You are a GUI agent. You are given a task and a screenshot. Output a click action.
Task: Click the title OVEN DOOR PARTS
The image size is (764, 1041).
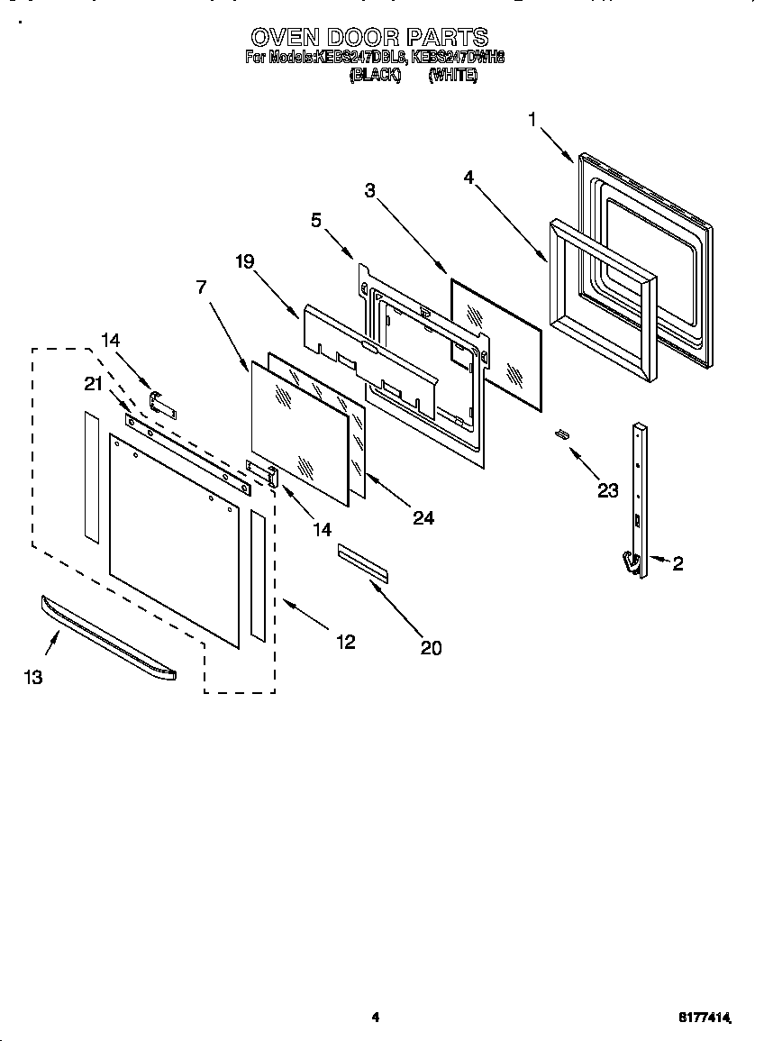click(368, 37)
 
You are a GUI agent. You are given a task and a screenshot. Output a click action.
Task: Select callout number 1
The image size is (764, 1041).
click(532, 119)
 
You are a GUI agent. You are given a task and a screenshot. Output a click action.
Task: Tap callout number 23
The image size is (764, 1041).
click(608, 490)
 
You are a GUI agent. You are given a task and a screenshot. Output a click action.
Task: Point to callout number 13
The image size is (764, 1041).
click(33, 678)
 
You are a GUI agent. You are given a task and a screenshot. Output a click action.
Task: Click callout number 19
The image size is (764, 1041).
click(245, 262)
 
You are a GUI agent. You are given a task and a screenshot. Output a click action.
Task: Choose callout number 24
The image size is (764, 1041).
click(423, 517)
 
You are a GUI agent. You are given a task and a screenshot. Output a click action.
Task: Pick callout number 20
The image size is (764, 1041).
click(432, 647)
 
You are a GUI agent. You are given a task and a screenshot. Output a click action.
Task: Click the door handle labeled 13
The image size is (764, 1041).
click(108, 639)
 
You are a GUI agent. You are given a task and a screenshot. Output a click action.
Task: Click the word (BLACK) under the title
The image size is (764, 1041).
click(374, 77)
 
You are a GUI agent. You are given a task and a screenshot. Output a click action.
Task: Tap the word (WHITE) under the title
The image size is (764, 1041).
click(453, 77)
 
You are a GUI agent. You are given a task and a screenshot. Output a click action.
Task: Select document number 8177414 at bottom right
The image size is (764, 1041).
click(704, 1017)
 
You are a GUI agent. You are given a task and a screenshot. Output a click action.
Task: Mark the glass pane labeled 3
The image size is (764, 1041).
click(496, 343)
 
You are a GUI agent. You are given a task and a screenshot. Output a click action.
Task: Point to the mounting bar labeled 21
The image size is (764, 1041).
click(190, 451)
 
